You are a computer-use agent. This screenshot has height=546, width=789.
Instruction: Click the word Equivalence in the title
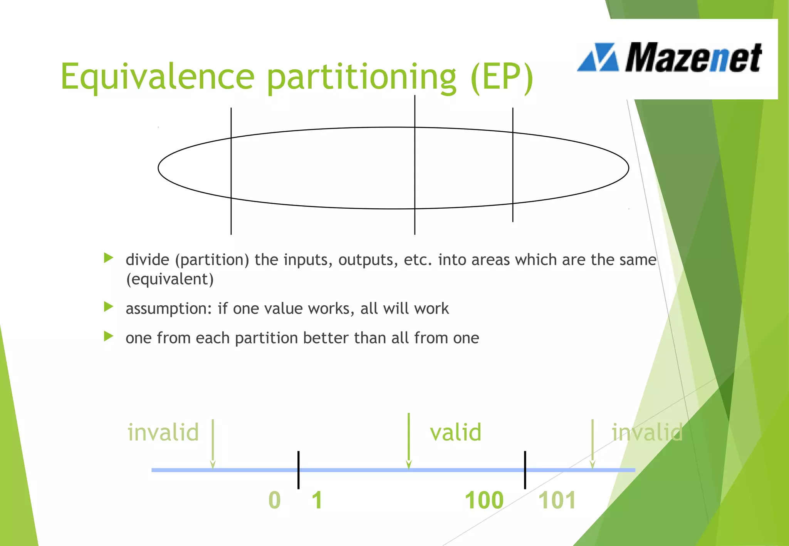(x=157, y=76)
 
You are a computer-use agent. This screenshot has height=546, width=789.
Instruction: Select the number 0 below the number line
(x=274, y=500)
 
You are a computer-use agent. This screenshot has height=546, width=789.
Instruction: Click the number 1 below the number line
(x=317, y=500)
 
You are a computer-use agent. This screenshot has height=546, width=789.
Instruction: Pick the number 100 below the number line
(x=484, y=500)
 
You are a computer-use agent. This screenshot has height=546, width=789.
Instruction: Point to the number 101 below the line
(x=557, y=500)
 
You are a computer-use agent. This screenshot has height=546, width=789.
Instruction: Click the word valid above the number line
(x=455, y=432)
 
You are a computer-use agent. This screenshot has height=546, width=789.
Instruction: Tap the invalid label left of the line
(x=163, y=432)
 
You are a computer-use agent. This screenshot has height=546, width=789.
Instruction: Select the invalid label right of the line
(x=647, y=432)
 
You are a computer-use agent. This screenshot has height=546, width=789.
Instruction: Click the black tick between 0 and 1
(x=299, y=470)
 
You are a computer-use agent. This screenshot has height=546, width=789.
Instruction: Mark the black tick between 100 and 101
(x=525, y=470)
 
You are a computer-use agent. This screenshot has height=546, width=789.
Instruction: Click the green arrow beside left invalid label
(x=213, y=443)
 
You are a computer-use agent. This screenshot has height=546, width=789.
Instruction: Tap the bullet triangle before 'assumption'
(x=109, y=307)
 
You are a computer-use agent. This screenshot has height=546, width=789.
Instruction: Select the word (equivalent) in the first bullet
(x=170, y=279)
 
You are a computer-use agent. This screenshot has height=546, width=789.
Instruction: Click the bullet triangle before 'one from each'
(x=109, y=337)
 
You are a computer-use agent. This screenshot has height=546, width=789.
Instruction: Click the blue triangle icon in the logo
(x=598, y=58)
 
